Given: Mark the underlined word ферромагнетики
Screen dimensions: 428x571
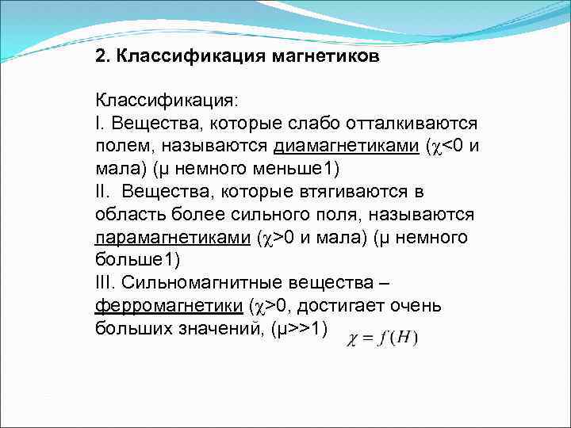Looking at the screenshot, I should click(x=167, y=306).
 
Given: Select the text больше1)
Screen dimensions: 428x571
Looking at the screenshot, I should click(x=137, y=261).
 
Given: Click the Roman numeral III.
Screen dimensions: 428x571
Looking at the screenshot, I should click(x=105, y=284).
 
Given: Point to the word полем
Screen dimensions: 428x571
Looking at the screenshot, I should click(x=121, y=147).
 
